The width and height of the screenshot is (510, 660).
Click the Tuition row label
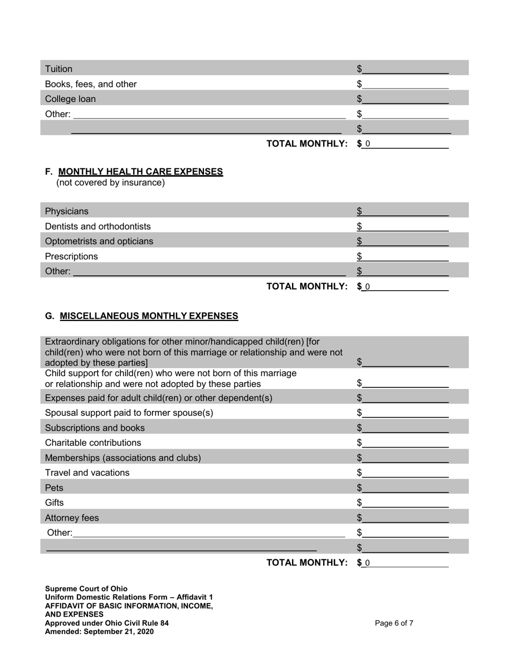59,69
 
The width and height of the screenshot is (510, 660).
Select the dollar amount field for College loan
405,99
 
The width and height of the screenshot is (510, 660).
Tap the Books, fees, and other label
91,84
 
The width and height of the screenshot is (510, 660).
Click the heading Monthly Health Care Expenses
140,172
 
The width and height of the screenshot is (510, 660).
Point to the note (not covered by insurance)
111,183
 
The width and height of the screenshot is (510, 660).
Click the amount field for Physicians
405,211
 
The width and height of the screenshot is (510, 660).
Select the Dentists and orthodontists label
98,226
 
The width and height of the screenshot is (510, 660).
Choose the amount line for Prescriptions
405,256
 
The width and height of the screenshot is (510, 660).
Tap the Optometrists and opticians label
99,241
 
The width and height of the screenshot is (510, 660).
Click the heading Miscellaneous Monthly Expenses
149,316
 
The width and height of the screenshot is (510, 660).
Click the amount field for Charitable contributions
405,443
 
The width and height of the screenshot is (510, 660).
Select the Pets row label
54,488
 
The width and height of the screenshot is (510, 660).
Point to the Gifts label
54,503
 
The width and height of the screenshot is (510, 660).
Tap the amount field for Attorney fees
405,518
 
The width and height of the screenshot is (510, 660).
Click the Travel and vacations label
87,473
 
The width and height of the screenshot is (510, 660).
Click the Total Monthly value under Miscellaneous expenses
405,563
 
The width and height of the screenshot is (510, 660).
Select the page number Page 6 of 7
394,624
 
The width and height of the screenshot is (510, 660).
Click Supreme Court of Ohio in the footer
86,589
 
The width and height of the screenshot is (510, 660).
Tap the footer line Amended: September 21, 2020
99,632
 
